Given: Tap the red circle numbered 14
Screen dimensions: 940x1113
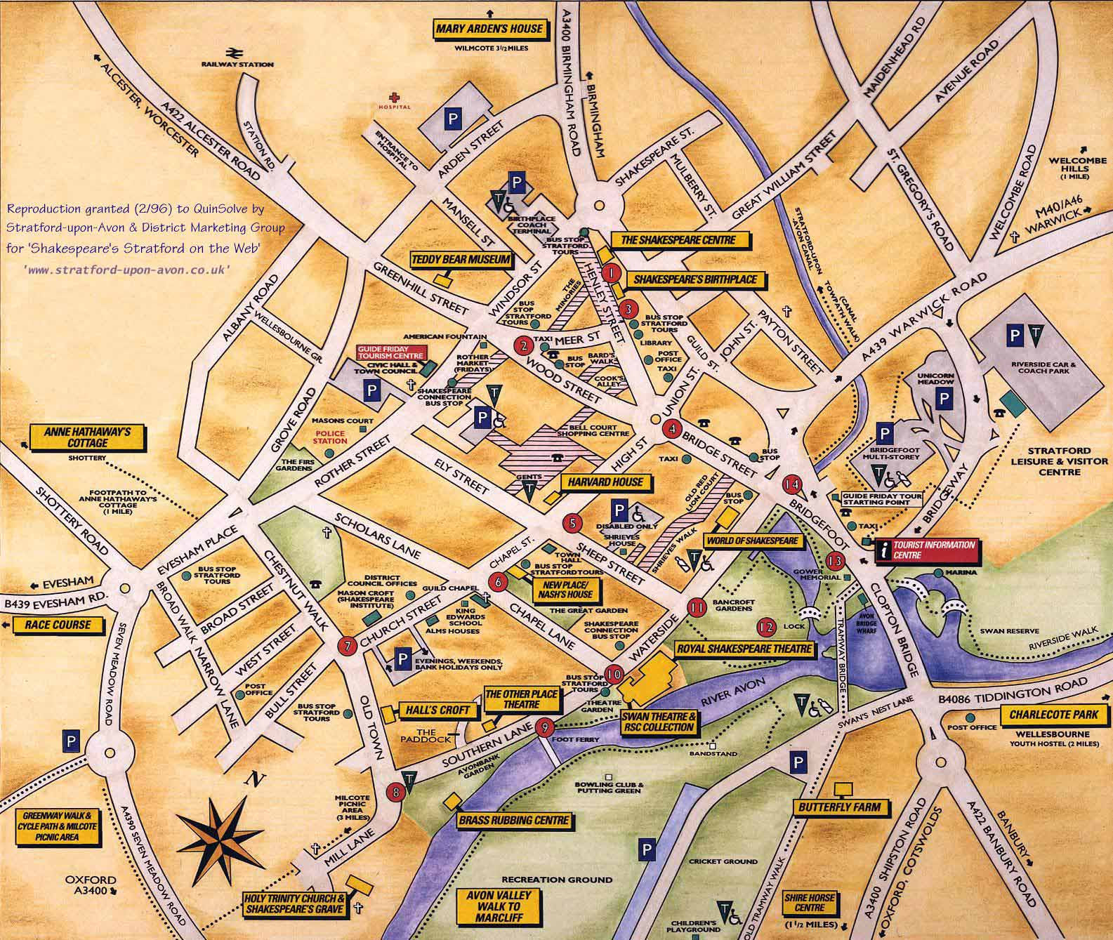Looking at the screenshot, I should [x=793, y=484].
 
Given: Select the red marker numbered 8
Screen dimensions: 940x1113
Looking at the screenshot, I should [x=397, y=792].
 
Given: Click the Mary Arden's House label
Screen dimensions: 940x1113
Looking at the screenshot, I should [x=489, y=29].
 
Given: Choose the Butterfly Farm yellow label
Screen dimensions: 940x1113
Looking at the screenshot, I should [x=839, y=807].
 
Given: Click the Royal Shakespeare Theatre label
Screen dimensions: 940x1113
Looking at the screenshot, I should [x=744, y=649].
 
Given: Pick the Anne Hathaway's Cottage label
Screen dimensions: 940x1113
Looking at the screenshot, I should [x=88, y=437].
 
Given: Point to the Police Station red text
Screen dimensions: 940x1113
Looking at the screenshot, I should [x=331, y=437].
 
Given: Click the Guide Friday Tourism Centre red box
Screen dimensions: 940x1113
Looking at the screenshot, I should [x=392, y=352].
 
